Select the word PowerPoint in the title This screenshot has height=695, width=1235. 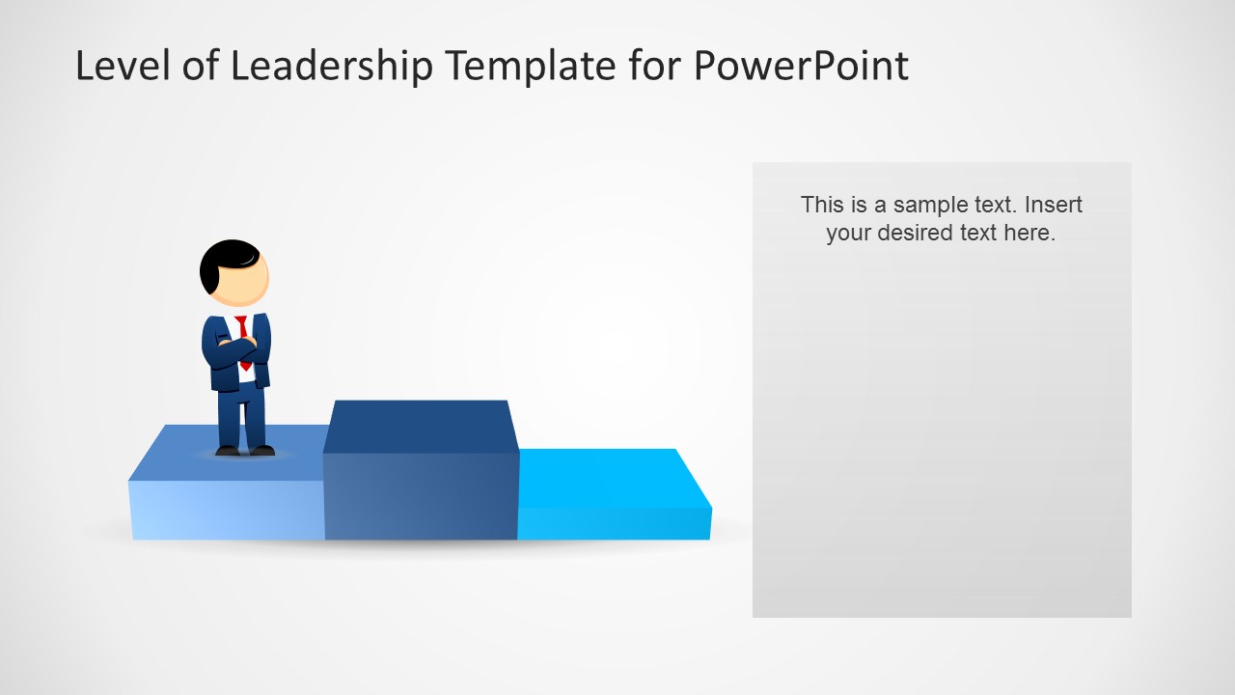pyautogui.click(x=801, y=67)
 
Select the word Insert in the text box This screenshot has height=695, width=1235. pyautogui.click(x=1054, y=205)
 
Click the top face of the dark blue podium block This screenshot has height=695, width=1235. pyautogui.click(x=421, y=426)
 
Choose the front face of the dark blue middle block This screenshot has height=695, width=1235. pyautogui.click(x=421, y=496)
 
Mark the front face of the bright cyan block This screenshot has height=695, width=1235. pyautogui.click(x=614, y=523)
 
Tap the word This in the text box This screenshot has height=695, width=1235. pyautogui.click(x=820, y=205)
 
